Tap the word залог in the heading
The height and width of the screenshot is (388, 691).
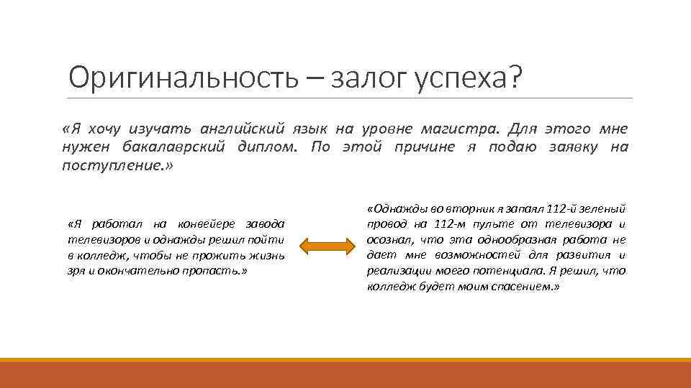[x=367, y=78]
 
